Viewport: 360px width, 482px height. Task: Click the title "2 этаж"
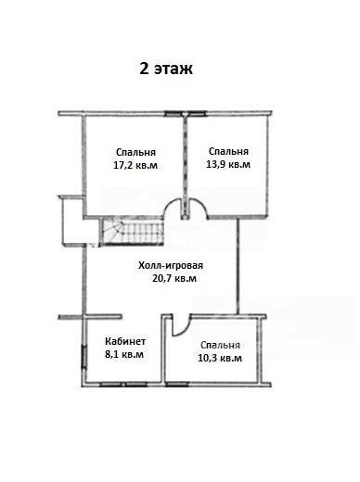pos(166,69)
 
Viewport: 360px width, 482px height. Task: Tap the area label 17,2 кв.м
pos(135,165)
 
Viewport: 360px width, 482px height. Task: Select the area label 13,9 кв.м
pos(228,164)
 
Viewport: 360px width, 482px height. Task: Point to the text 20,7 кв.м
pos(174,278)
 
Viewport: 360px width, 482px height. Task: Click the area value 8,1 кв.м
pos(124,354)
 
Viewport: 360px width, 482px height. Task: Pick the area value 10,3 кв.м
pos(220,358)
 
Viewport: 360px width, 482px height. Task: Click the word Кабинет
pos(125,341)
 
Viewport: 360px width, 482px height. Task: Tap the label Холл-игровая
pos(171,265)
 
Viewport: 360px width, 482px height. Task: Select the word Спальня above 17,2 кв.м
pos(135,152)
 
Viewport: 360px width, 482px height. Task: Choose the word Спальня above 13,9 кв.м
pos(228,151)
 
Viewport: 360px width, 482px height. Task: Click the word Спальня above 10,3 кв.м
pos(220,345)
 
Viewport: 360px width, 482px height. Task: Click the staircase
pos(133,232)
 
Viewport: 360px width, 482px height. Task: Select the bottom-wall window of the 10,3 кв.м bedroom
pos(177,385)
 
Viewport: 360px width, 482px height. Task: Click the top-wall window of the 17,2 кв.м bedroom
pos(174,114)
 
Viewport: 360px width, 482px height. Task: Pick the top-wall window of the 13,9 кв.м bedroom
pos(197,114)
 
